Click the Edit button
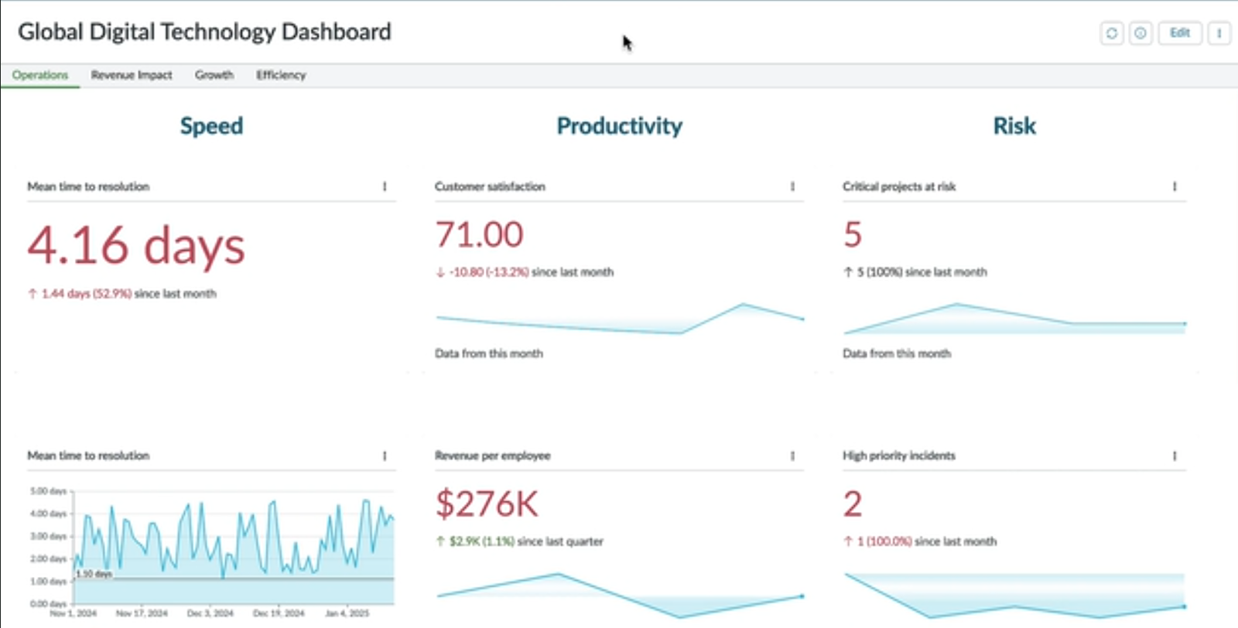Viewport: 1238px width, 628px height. [1179, 32]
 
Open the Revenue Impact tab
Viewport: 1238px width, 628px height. [132, 75]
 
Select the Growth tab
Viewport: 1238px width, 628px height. [214, 75]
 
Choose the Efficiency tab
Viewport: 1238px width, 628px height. [281, 75]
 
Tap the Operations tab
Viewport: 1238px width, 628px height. [40, 75]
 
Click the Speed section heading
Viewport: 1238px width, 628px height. [211, 126]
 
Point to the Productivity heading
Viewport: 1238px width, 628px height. [619, 126]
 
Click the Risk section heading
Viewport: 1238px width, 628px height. [1014, 126]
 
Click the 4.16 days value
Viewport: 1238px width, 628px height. [136, 246]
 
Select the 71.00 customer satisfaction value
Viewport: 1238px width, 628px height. [479, 235]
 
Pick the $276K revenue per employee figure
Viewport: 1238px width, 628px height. [487, 504]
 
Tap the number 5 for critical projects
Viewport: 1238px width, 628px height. [852, 235]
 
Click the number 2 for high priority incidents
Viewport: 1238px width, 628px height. [852, 504]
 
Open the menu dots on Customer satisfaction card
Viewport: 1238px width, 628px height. [792, 186]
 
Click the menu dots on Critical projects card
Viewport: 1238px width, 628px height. [1174, 186]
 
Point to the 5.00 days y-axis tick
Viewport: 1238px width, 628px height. [49, 491]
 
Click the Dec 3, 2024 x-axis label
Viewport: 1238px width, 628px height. [210, 613]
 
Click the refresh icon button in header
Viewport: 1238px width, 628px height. [1112, 33]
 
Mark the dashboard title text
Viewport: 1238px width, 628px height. [204, 32]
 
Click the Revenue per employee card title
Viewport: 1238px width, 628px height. [492, 456]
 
